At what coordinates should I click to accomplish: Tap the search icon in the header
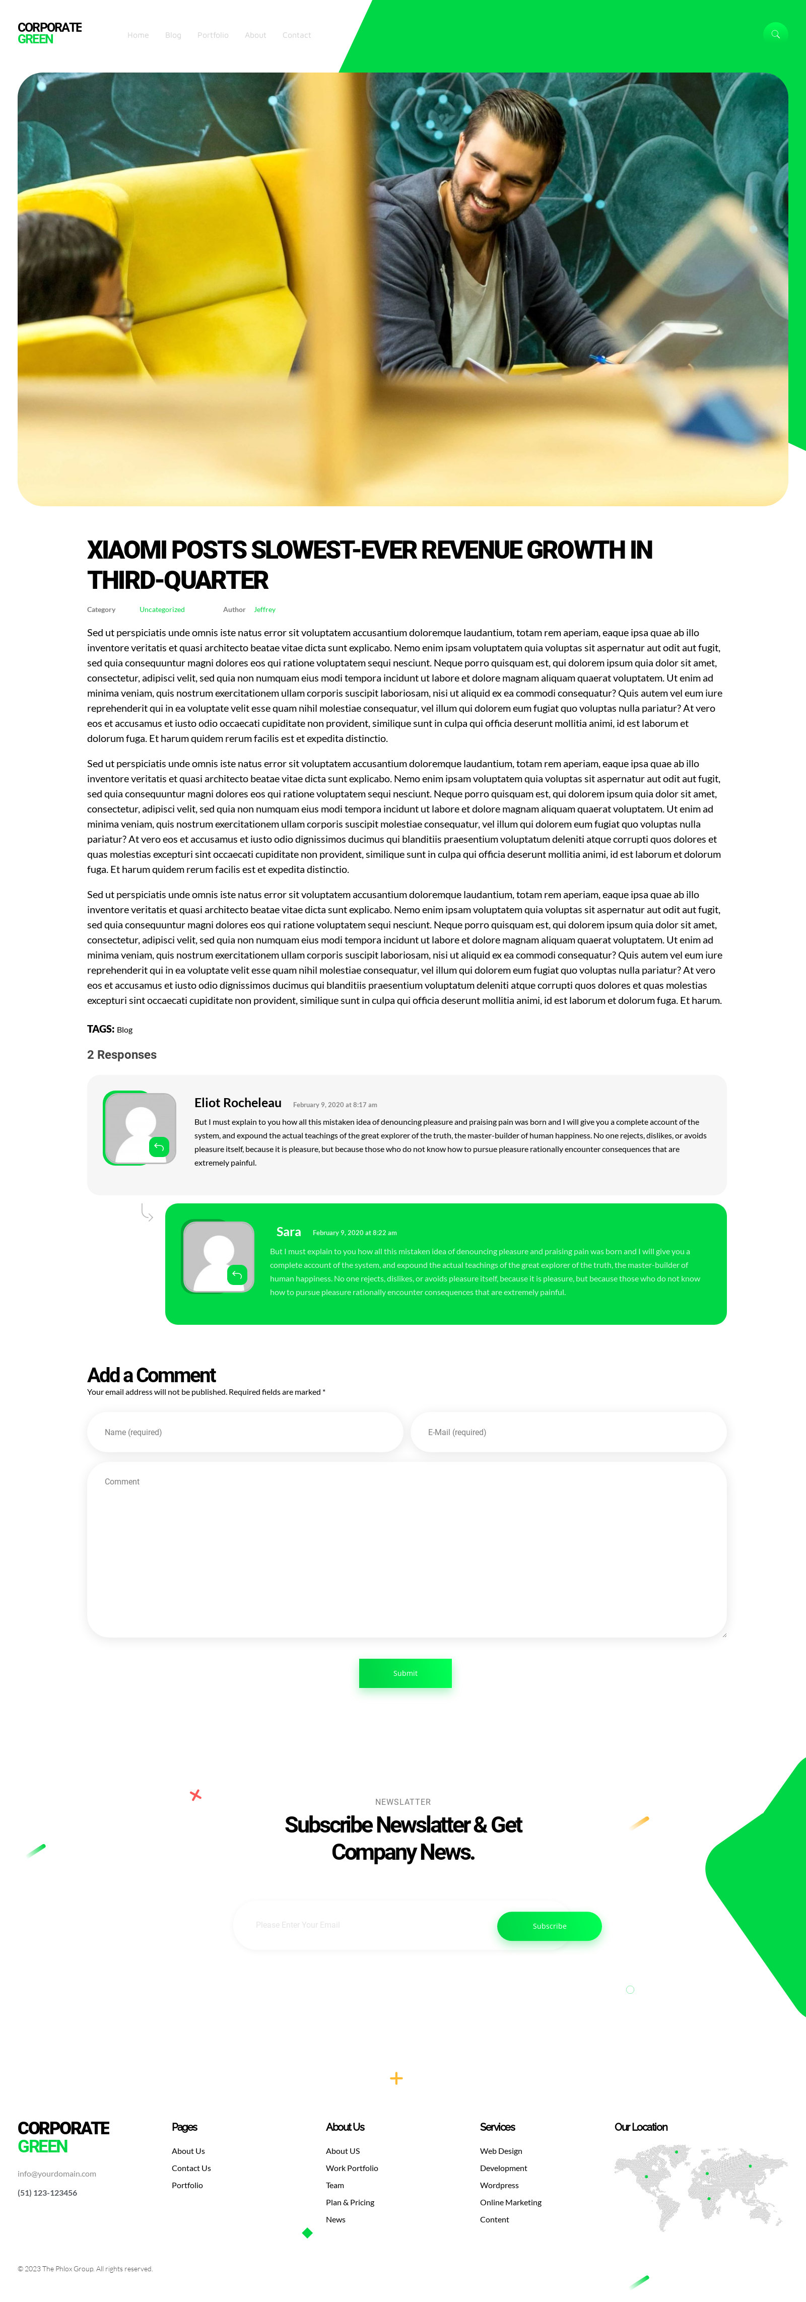(x=775, y=34)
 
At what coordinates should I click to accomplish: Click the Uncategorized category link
(x=162, y=610)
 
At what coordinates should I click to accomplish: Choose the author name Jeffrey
(x=264, y=610)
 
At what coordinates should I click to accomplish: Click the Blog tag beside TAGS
(x=124, y=1030)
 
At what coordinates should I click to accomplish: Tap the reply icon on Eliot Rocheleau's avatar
(x=159, y=1146)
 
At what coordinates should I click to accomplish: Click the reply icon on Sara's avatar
(x=237, y=1274)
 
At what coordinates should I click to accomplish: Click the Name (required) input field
(x=245, y=1432)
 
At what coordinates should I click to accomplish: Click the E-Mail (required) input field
(x=568, y=1432)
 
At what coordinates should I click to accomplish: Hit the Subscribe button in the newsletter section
(x=549, y=1926)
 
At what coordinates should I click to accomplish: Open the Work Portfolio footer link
(x=351, y=2168)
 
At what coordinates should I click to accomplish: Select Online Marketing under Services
(x=510, y=2202)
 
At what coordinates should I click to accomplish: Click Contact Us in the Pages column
(x=191, y=2168)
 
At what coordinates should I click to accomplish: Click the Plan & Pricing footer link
(x=350, y=2202)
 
